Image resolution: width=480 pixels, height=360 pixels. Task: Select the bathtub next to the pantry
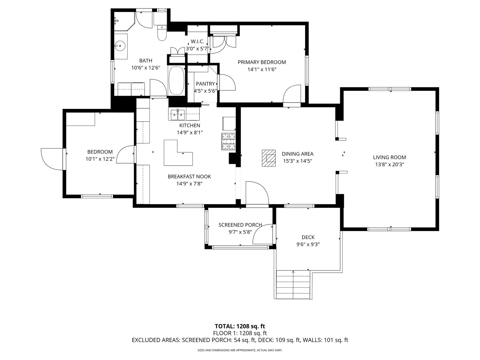point(176,80)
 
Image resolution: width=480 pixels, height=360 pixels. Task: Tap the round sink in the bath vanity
point(120,46)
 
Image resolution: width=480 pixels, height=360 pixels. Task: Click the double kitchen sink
point(178,115)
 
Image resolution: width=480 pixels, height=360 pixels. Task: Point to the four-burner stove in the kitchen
point(229,141)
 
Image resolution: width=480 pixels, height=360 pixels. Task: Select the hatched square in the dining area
point(269,158)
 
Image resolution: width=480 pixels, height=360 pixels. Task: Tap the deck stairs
point(293,285)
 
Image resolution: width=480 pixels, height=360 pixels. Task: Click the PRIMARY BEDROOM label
point(262,62)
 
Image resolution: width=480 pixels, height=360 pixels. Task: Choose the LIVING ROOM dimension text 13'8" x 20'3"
point(389,164)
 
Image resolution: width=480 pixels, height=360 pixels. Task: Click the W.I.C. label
point(197,41)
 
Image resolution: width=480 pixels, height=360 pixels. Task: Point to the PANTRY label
point(205,84)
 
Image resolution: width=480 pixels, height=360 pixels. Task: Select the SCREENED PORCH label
point(240,225)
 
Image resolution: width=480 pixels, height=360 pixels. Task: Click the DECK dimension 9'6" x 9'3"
point(308,244)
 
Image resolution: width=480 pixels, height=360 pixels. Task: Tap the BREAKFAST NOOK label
point(189,177)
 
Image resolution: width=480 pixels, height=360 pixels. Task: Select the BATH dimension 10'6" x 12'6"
point(146,68)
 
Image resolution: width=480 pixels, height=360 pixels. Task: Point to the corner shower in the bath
point(124,21)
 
